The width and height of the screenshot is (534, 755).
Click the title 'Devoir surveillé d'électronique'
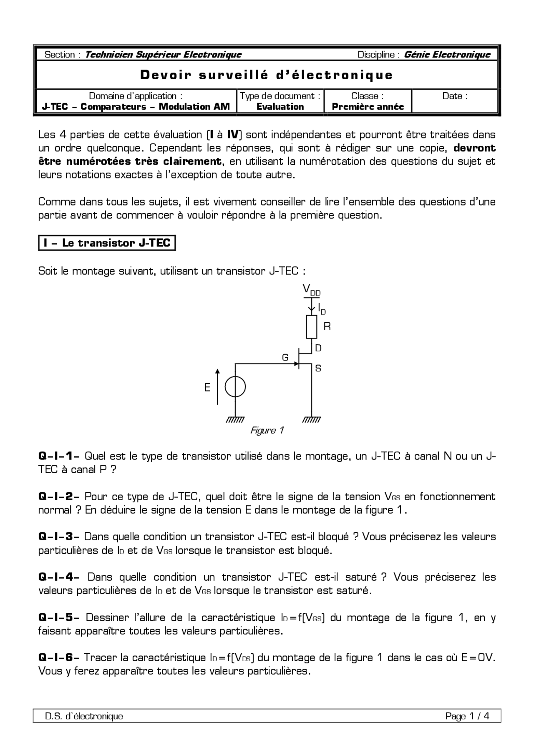pyautogui.click(x=267, y=75)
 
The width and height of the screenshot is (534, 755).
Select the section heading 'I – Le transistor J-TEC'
pyautogui.click(x=107, y=243)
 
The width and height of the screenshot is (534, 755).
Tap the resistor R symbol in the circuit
pyautogui.click(x=312, y=327)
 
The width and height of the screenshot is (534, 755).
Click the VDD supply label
pyautogui.click(x=311, y=290)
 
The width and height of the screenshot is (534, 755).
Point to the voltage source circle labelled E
pyautogui.click(x=235, y=387)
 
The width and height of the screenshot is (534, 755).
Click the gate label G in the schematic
pyautogui.click(x=285, y=357)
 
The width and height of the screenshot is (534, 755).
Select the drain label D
pyautogui.click(x=318, y=348)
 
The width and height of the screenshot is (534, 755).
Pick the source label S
pyautogui.click(x=318, y=369)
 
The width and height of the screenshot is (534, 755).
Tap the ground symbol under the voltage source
pyautogui.click(x=235, y=420)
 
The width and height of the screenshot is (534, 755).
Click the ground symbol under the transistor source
pyautogui.click(x=312, y=420)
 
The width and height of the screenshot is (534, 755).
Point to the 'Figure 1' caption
pyautogui.click(x=267, y=430)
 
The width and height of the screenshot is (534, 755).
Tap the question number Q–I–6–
pyautogui.click(x=59, y=657)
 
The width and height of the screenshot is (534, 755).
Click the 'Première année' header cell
pyautogui.click(x=368, y=107)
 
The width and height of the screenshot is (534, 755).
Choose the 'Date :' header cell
pyautogui.click(x=455, y=96)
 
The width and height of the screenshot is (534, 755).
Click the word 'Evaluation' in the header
pyautogui.click(x=280, y=107)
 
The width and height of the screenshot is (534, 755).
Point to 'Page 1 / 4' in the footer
pyautogui.click(x=467, y=716)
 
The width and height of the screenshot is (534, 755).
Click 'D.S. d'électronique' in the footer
pyautogui.click(x=84, y=716)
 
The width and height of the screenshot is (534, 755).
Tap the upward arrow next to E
pyautogui.click(x=217, y=386)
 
